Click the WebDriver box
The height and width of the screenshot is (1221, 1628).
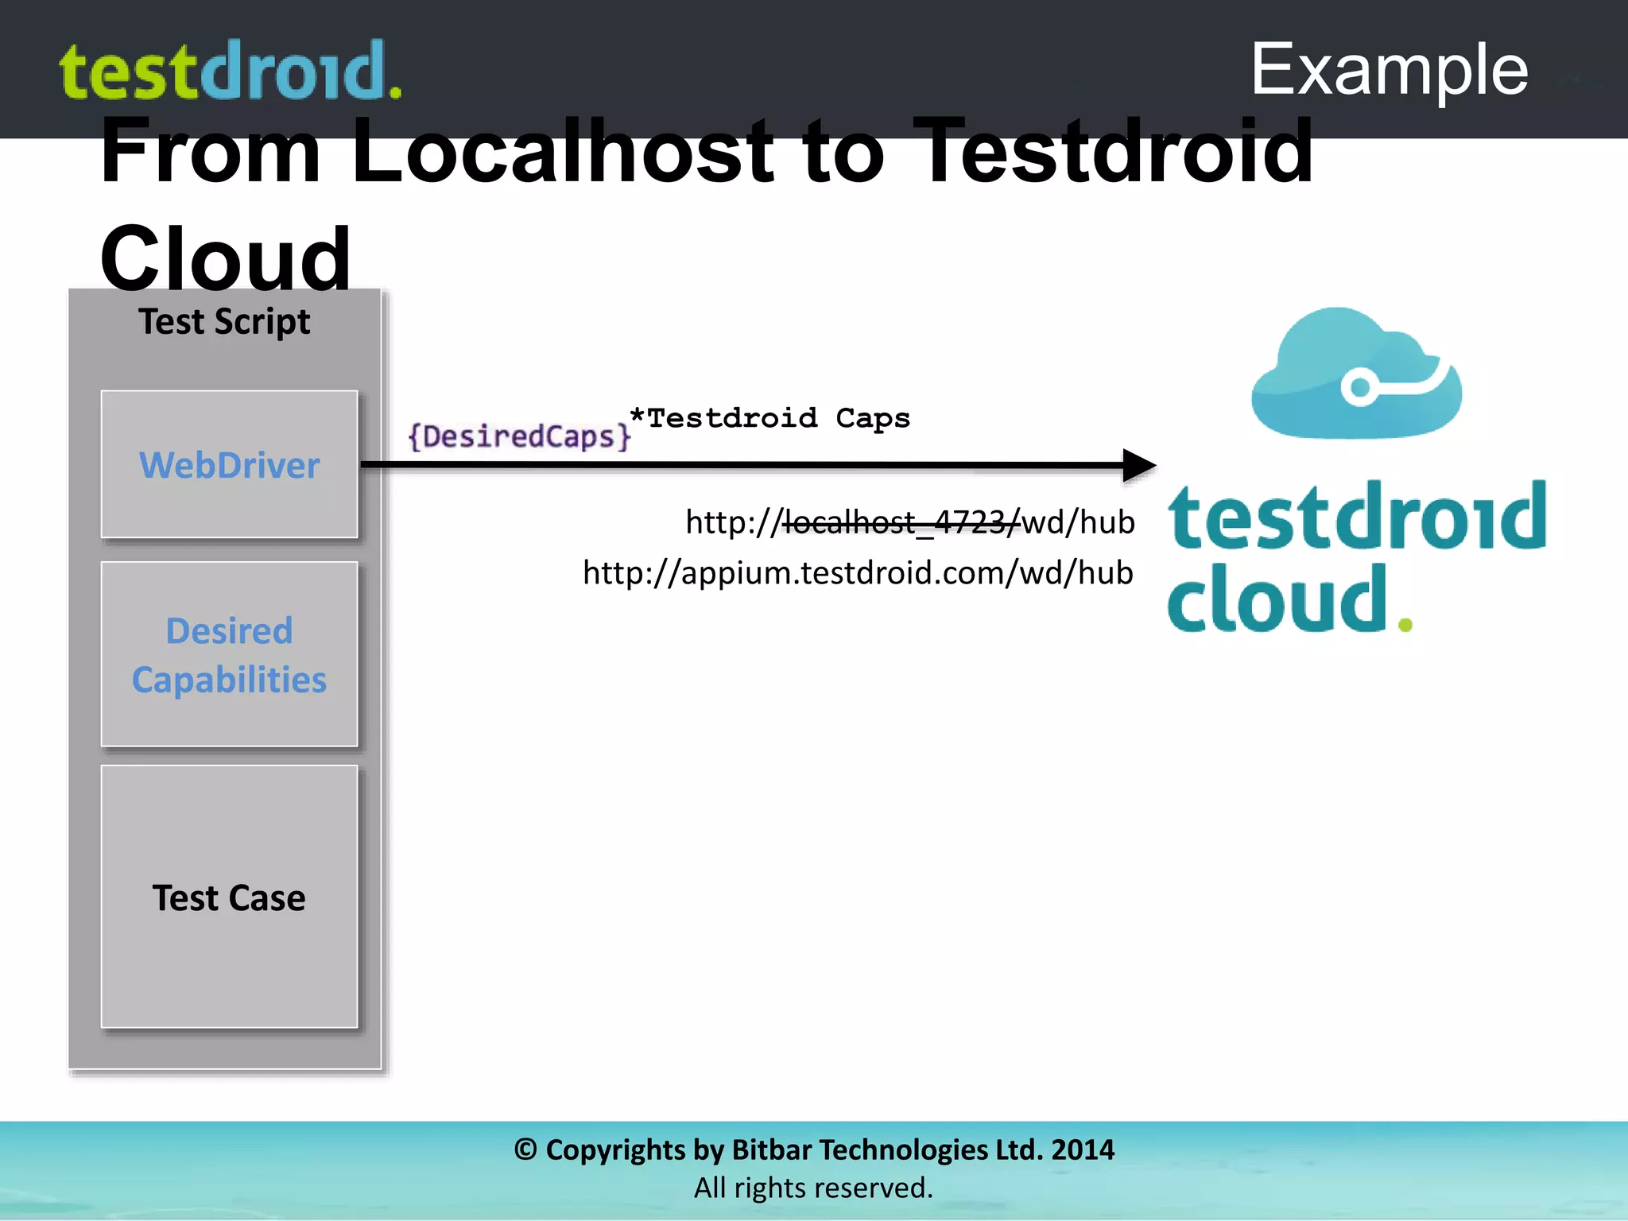coord(229,464)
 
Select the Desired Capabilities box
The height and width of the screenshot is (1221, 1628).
coord(229,654)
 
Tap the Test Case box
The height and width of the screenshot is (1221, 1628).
coord(229,897)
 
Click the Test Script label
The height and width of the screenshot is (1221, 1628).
coord(224,322)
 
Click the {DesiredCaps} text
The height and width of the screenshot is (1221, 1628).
coord(519,436)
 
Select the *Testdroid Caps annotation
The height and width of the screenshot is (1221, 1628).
coord(769,418)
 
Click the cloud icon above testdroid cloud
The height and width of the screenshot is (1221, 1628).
coord(1356,374)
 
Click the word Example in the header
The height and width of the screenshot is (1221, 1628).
coord(1389,70)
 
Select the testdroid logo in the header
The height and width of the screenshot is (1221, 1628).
coord(231,72)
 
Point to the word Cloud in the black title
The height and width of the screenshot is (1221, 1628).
coord(225,258)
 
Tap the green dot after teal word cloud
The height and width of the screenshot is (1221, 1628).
coord(1405,625)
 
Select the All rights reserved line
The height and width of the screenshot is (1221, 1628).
coord(813,1188)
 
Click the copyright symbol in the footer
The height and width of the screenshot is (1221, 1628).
coord(525,1149)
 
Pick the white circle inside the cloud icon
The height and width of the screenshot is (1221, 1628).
coord(1360,387)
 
